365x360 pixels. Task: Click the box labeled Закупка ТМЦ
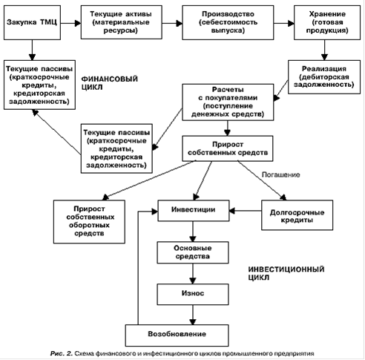coord(32,23)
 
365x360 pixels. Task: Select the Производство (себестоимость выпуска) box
coord(228,23)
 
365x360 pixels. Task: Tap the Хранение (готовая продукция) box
coord(327,23)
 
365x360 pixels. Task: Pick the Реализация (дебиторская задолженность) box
coord(324,77)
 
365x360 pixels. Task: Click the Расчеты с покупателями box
coord(228,102)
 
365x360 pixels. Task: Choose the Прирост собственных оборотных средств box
coord(89,222)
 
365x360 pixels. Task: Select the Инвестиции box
coord(194,211)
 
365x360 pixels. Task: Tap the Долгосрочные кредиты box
coord(297,215)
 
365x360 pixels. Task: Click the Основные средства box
coord(193,252)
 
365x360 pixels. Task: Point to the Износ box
coord(193,294)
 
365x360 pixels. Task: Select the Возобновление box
coord(177,336)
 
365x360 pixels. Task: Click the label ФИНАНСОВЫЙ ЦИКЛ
coord(110,83)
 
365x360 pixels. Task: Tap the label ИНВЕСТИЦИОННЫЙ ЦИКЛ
coord(286,273)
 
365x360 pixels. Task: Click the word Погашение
coord(280,174)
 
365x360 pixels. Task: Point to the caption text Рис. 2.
coord(62,353)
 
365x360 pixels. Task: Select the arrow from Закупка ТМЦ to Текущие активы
coord(71,23)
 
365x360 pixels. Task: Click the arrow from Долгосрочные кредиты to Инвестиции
coord(246,211)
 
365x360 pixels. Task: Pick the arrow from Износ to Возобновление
coord(193,315)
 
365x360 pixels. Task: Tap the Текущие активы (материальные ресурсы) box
coord(122,22)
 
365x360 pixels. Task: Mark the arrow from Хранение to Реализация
coord(324,50)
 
